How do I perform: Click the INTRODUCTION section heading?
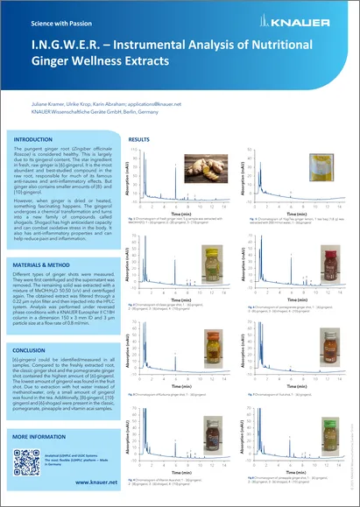[51, 139]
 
